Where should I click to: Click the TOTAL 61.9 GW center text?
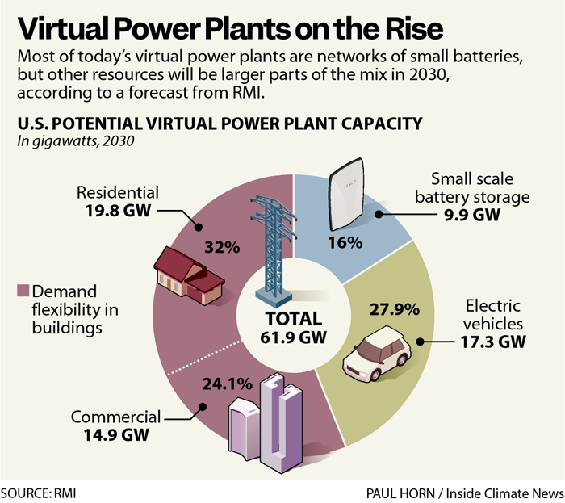294,328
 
